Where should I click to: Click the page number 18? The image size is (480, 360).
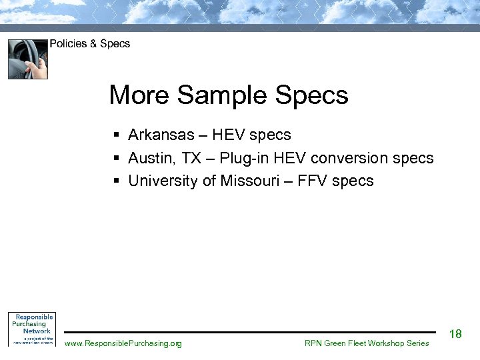[x=456, y=334]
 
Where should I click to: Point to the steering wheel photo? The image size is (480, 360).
[x=28, y=59]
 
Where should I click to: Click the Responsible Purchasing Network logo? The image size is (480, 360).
[x=31, y=329]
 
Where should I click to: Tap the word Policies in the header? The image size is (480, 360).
[x=68, y=44]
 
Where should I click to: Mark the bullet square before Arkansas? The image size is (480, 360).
[x=116, y=136]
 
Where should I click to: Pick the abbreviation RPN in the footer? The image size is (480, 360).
[x=314, y=343]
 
